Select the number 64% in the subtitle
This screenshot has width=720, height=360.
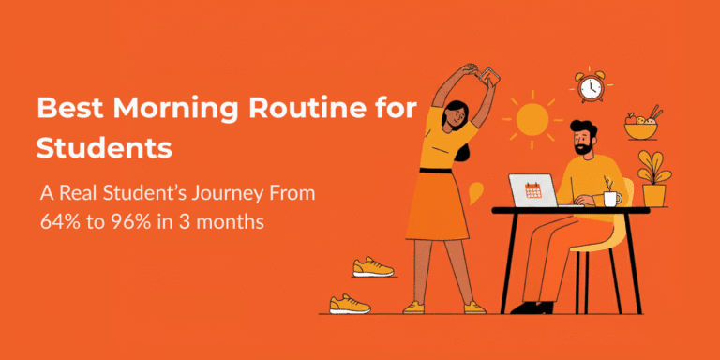coord(62,225)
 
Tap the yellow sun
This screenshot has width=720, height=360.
coord(532,120)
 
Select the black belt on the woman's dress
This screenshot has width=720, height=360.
coord(438,170)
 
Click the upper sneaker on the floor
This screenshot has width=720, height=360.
coord(372,267)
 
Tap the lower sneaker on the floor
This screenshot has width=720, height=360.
coord(349,304)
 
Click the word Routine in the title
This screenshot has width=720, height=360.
coord(273,108)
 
